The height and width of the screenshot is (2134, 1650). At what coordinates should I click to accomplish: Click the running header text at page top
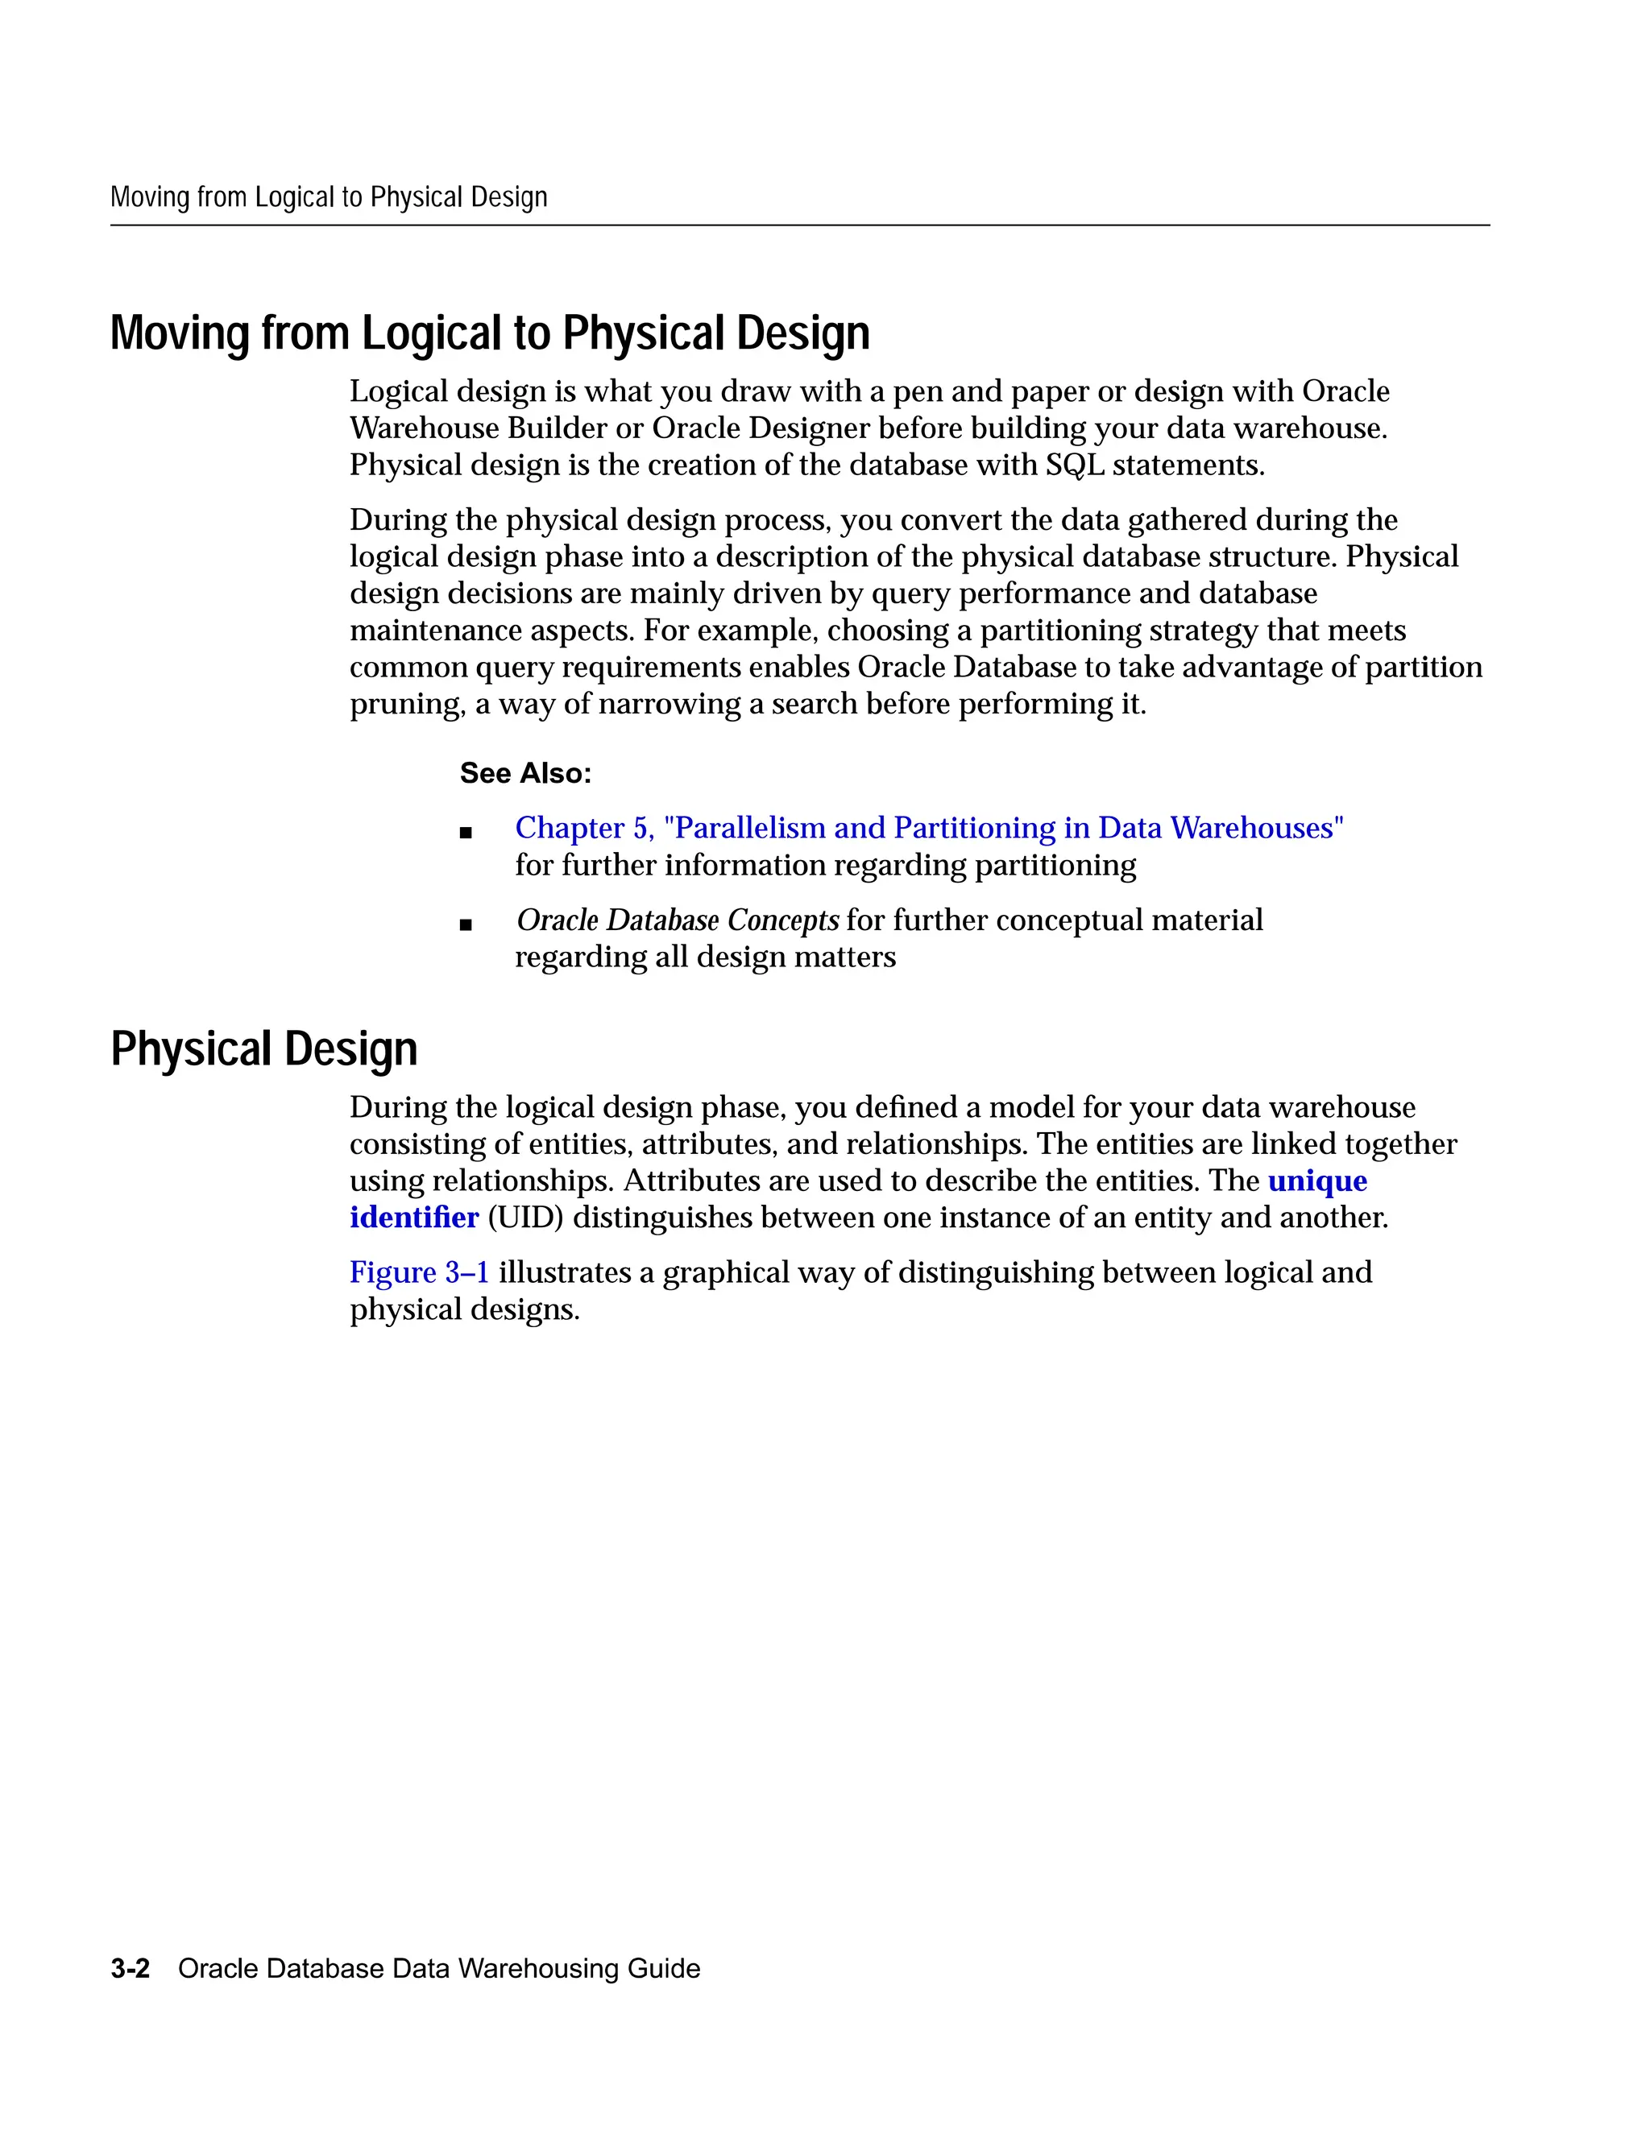point(329,197)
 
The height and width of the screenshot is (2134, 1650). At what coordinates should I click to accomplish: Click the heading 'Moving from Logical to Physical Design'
point(490,333)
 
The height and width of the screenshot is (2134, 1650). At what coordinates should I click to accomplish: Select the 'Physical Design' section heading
point(264,1049)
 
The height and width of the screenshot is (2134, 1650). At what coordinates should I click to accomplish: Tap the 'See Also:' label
point(525,773)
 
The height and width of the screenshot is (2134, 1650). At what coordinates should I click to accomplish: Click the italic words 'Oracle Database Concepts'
point(678,920)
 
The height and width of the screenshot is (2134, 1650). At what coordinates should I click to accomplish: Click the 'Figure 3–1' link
point(419,1272)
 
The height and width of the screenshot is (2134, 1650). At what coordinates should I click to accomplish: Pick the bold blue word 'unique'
point(1316,1181)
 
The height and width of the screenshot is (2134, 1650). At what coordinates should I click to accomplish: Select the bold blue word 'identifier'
point(414,1218)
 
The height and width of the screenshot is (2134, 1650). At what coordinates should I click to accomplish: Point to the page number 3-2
point(130,1968)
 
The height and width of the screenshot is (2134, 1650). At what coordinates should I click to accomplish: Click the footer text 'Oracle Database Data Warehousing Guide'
point(439,1968)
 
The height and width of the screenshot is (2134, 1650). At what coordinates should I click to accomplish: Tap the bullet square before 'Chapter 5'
point(466,833)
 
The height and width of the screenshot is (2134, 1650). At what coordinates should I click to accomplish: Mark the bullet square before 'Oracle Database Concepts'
point(466,924)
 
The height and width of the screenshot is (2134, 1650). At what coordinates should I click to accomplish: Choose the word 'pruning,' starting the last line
point(408,705)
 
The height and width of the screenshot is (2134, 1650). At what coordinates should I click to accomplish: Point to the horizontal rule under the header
point(799,225)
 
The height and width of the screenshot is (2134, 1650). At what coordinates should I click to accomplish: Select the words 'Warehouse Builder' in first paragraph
point(473,428)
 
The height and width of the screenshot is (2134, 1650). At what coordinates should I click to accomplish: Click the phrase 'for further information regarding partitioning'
point(825,865)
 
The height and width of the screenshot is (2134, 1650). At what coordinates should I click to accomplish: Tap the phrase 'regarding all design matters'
point(705,957)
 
